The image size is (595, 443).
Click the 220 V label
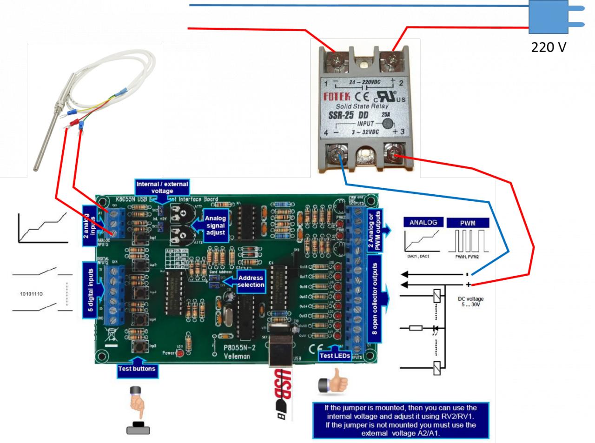point(549,47)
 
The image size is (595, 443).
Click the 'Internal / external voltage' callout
point(162,187)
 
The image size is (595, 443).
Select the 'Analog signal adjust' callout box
point(215,225)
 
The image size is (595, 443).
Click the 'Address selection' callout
point(251,281)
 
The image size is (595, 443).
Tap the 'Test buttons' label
point(137,369)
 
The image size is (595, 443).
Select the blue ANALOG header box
point(423,223)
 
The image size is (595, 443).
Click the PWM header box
point(468,223)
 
